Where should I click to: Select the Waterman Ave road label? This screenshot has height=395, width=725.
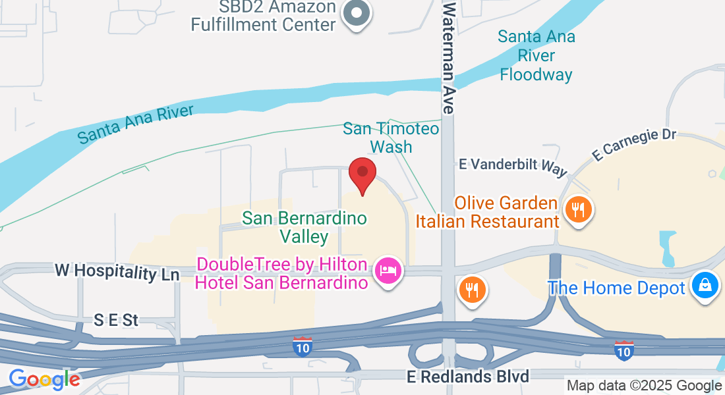[449, 57]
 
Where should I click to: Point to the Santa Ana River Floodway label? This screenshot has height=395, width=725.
[536, 55]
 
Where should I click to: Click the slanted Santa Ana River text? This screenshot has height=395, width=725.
[136, 124]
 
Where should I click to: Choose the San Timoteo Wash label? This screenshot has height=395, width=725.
[391, 137]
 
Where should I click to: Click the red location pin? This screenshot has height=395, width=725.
[362, 174]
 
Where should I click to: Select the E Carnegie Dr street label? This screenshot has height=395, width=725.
[634, 144]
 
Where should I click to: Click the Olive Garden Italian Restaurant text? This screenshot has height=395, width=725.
[487, 212]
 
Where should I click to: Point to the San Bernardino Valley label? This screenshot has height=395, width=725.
[304, 226]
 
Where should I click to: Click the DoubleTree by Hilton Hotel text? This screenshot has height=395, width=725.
[282, 274]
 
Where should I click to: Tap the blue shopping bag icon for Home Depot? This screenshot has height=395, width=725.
[705, 286]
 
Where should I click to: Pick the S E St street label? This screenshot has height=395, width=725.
[116, 321]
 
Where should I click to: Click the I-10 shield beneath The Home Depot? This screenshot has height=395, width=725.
[623, 350]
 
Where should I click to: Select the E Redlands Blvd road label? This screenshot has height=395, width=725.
[468, 377]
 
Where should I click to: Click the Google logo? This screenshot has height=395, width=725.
[44, 379]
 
